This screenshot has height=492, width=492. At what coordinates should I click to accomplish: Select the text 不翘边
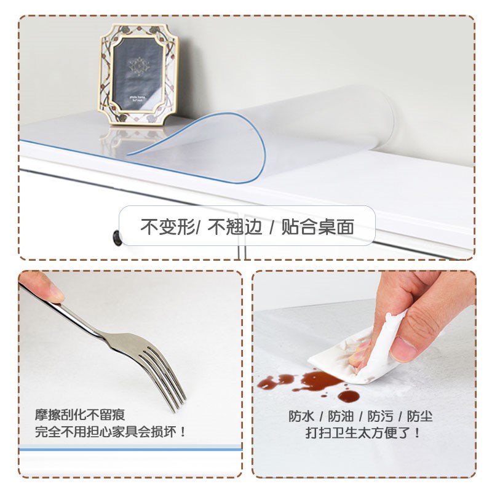click(x=233, y=227)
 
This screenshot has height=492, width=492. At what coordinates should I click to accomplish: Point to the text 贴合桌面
click(x=317, y=227)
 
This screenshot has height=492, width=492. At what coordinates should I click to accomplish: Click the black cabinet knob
click(x=117, y=237)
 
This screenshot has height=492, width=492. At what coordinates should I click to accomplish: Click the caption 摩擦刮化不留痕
click(x=80, y=415)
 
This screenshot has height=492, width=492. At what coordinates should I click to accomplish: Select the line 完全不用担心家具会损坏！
click(x=111, y=432)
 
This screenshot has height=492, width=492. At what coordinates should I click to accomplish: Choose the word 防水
click(x=301, y=416)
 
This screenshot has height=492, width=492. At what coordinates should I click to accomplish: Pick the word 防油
click(x=341, y=416)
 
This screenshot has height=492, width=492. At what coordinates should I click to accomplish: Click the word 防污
click(x=380, y=416)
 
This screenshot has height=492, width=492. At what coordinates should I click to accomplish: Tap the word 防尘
click(x=419, y=416)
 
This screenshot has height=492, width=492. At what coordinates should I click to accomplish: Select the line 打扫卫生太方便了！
click(x=363, y=433)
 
